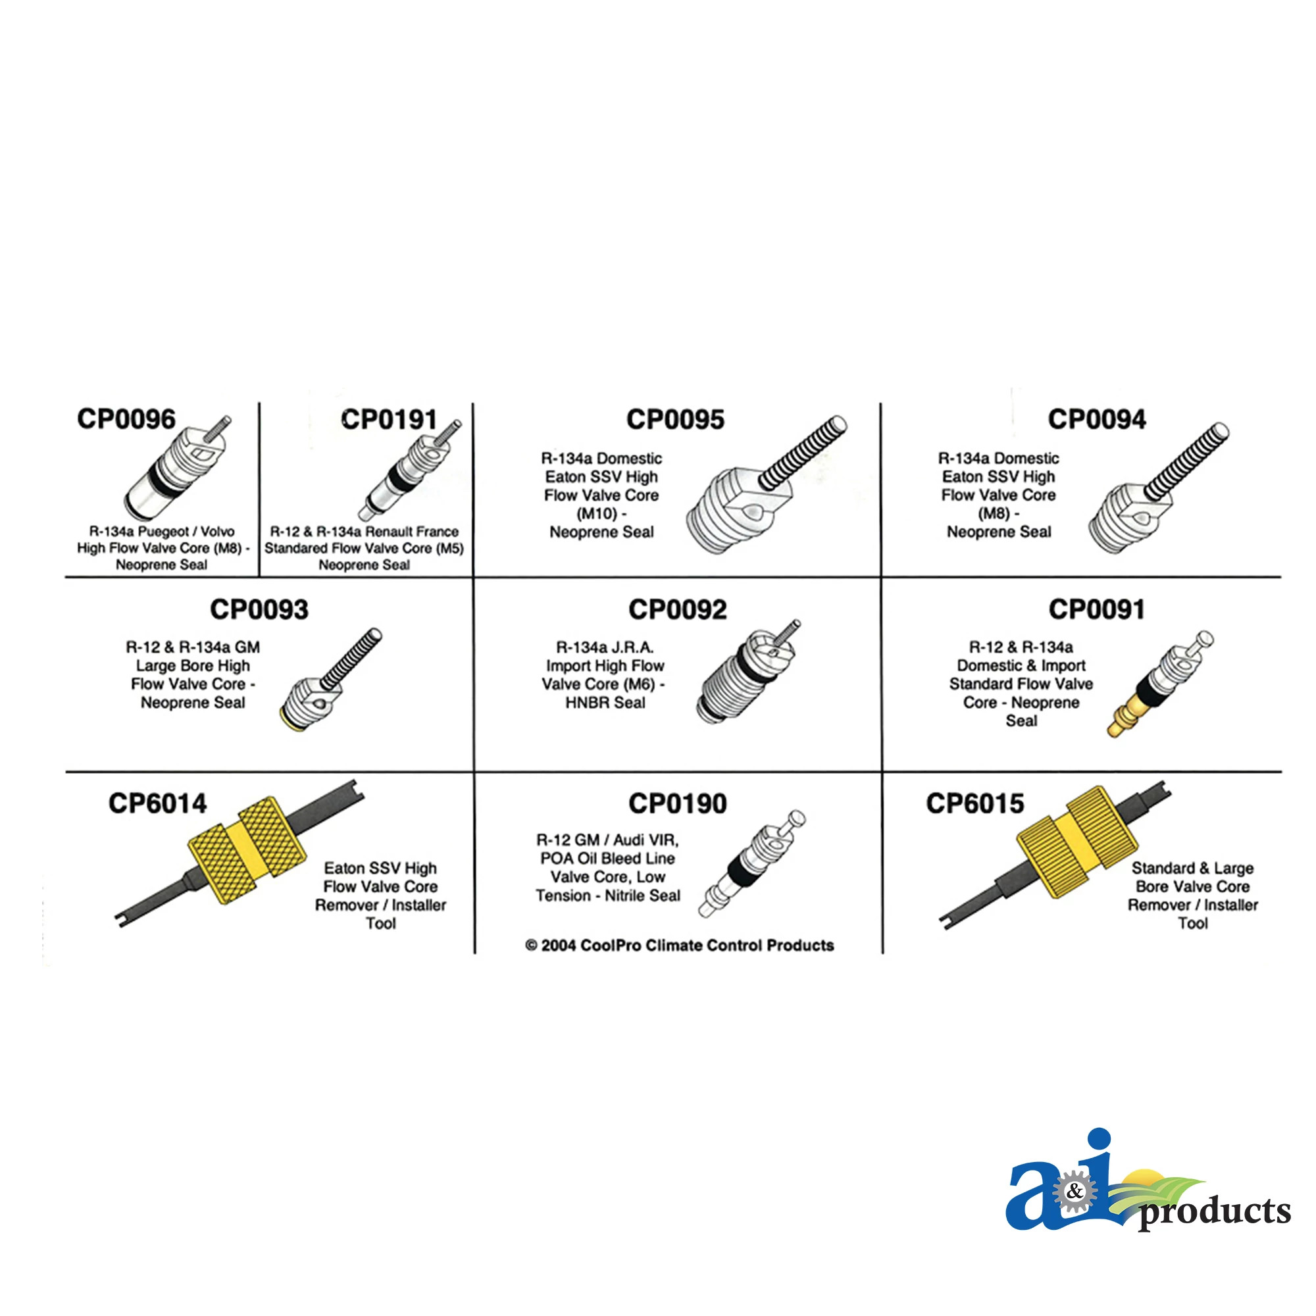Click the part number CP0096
click(x=126, y=419)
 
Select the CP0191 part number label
click(x=389, y=420)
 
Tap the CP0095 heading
click(x=675, y=420)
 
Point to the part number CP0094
click(x=1097, y=420)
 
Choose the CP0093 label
click(x=259, y=609)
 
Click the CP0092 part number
click(x=677, y=609)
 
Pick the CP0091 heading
click(x=1097, y=609)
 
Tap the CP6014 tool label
click(x=157, y=803)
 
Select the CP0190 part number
click(x=677, y=803)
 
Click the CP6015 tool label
click(x=974, y=803)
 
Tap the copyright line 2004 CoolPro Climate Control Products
click(x=679, y=946)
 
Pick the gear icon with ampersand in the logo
click(x=1075, y=1192)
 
